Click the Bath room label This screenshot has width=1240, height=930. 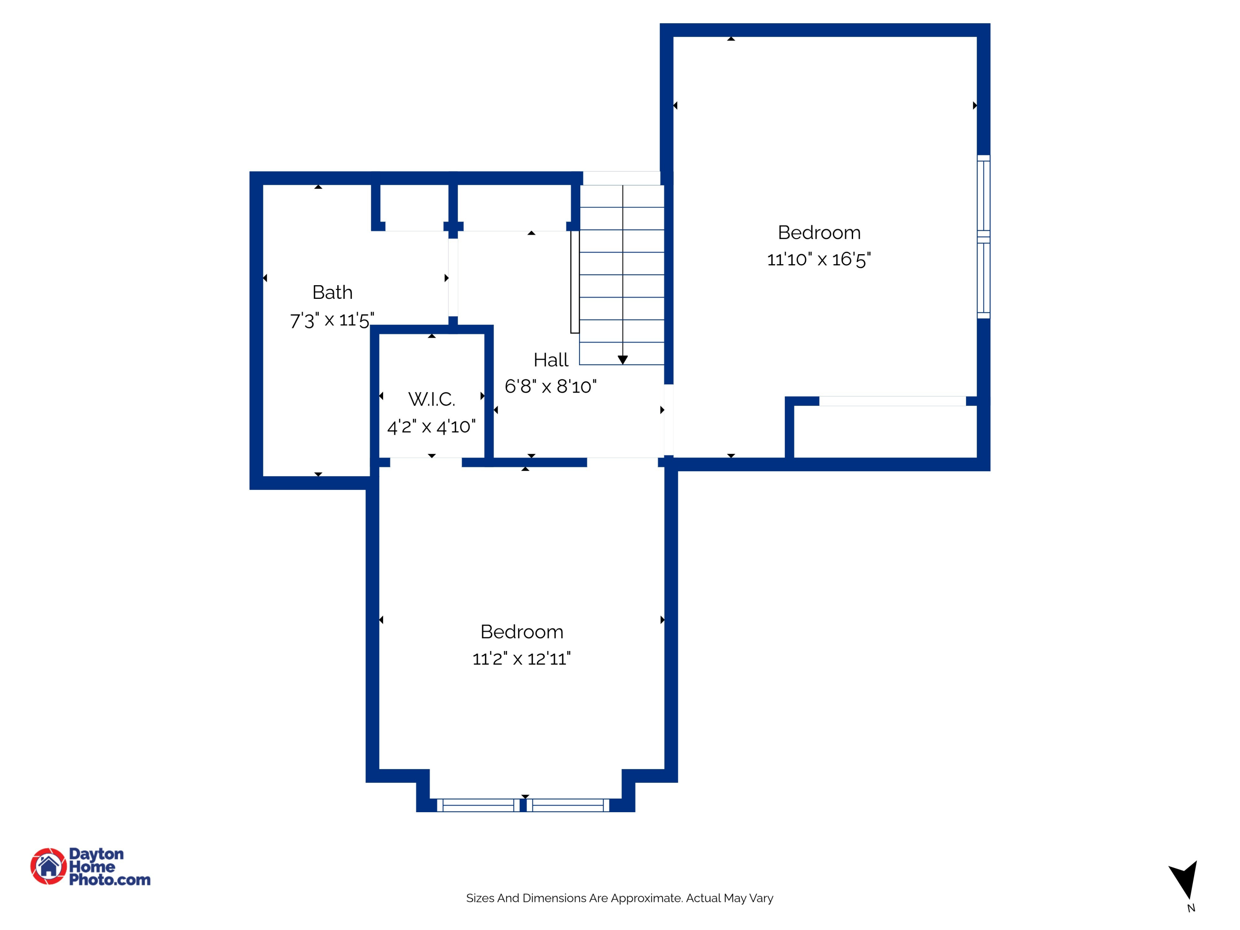(x=332, y=292)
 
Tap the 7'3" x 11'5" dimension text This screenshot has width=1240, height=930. (x=332, y=320)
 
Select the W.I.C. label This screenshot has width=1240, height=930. (x=431, y=399)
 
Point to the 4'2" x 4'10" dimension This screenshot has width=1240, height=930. (x=431, y=427)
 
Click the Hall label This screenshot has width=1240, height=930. (x=551, y=359)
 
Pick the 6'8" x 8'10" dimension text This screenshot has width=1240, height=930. (x=551, y=386)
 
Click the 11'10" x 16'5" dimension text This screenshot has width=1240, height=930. (x=819, y=259)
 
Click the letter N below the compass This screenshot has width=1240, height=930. (x=1191, y=908)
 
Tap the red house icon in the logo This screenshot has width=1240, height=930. (x=49, y=866)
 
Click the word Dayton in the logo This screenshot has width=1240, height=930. (x=96, y=854)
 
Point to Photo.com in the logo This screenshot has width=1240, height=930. (x=110, y=880)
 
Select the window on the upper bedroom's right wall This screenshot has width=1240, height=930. (x=984, y=236)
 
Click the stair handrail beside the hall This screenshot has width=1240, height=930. (x=575, y=282)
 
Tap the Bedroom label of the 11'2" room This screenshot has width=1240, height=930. (x=521, y=632)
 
